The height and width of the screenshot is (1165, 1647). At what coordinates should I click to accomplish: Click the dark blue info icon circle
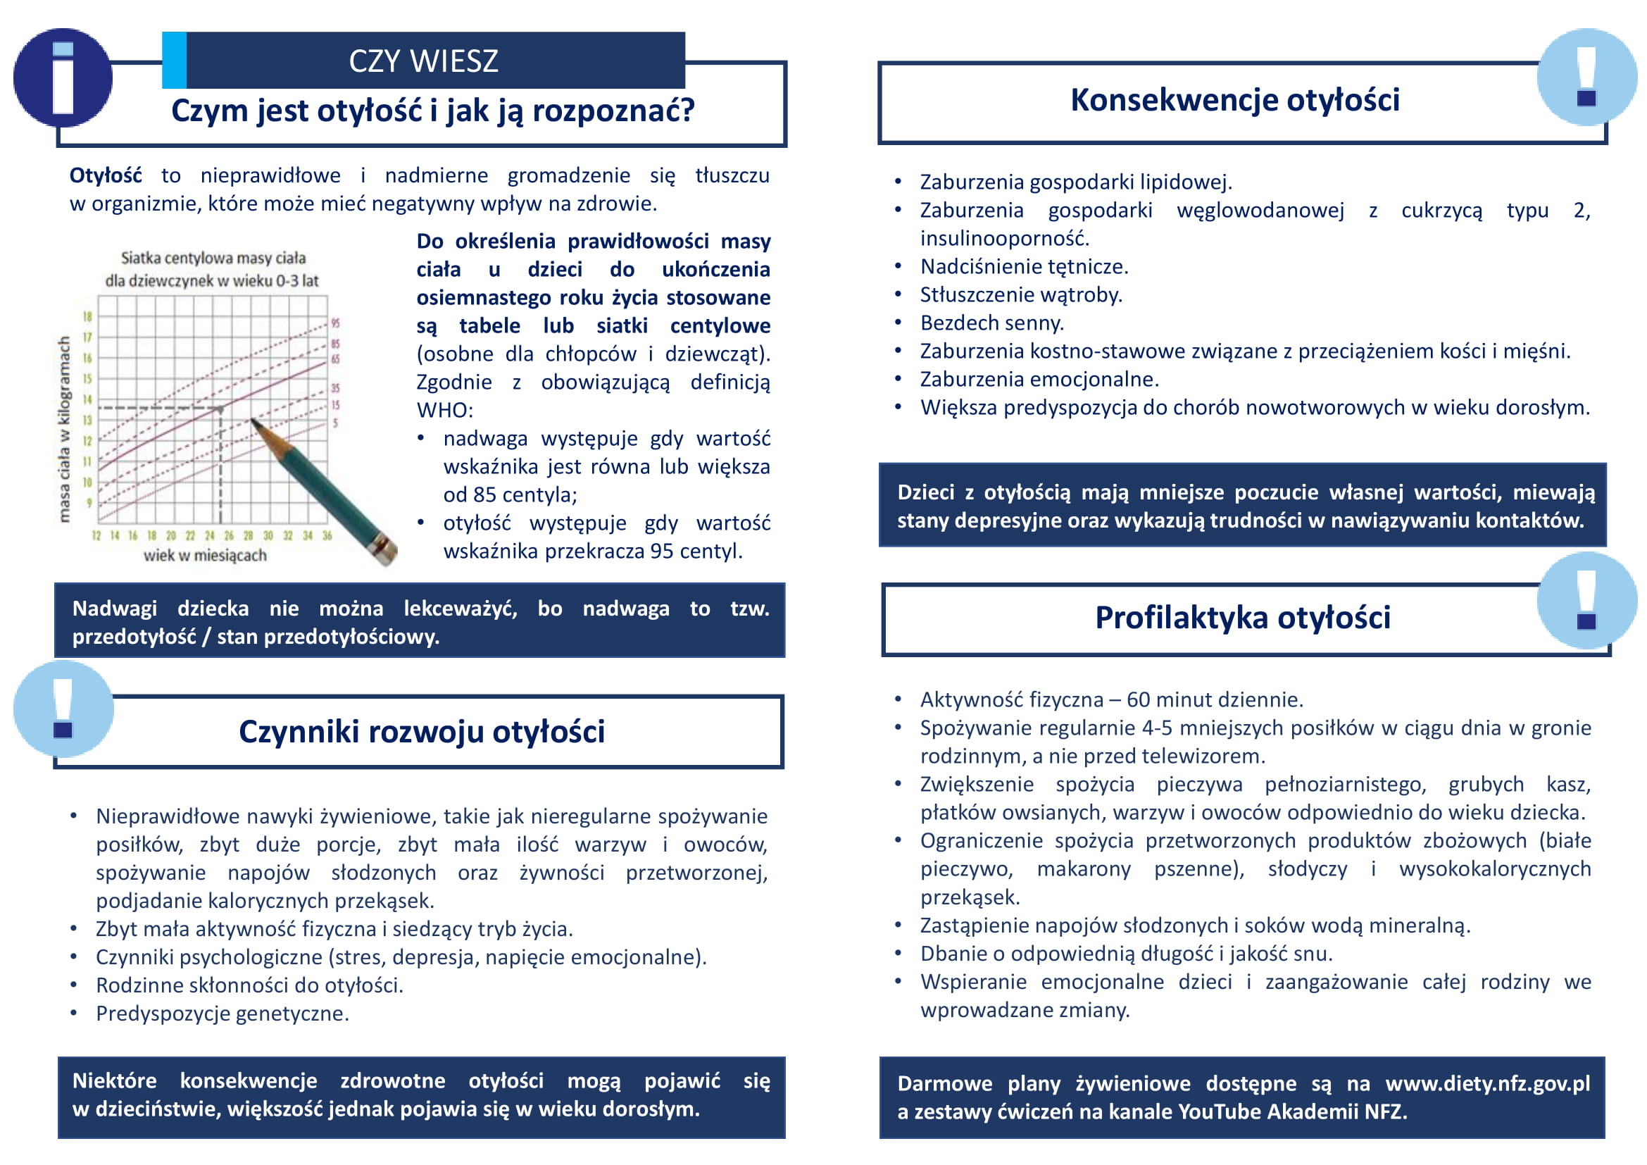point(63,77)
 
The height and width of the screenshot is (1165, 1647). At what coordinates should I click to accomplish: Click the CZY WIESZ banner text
point(423,61)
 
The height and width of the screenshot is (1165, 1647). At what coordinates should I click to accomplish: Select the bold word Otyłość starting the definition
point(106,175)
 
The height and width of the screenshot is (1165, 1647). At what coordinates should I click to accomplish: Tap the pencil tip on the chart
point(253,422)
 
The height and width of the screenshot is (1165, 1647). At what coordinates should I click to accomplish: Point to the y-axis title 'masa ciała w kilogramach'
point(65,429)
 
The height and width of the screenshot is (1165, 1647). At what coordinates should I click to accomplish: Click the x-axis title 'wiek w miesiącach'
point(205,555)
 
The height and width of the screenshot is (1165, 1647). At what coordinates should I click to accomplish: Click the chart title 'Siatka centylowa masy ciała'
point(213,258)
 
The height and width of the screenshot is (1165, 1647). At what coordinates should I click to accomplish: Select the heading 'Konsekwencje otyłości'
point(1234,100)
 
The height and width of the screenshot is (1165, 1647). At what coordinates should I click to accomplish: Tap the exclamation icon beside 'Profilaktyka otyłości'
point(1586,600)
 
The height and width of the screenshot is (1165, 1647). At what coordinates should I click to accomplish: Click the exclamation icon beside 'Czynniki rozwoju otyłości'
point(63,709)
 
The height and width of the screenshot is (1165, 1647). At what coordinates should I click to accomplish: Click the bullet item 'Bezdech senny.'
point(991,323)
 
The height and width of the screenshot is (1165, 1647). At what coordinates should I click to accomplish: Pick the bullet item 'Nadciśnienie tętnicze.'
point(1024,266)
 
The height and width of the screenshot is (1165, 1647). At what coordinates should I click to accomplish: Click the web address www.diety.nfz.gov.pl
point(1487,1083)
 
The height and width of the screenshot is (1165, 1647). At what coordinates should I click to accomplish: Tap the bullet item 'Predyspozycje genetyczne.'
point(223,1013)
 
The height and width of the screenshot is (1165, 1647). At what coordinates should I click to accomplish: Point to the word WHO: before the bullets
point(445,410)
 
